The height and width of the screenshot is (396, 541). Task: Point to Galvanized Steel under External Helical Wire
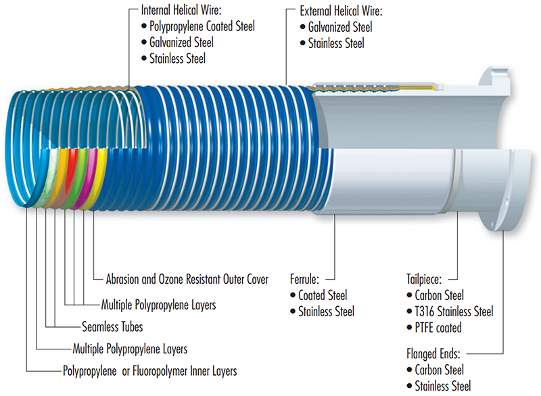pyautogui.click(x=340, y=28)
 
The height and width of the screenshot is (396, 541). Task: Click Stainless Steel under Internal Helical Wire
pyautogui.click(x=182, y=59)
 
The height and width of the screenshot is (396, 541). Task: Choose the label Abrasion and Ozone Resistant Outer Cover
pyautogui.click(x=187, y=279)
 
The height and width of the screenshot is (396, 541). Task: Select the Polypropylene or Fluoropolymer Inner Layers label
pyautogui.click(x=149, y=371)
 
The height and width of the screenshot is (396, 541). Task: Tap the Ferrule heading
pyautogui.click(x=304, y=277)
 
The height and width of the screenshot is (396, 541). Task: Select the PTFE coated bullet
pyautogui.click(x=439, y=328)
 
